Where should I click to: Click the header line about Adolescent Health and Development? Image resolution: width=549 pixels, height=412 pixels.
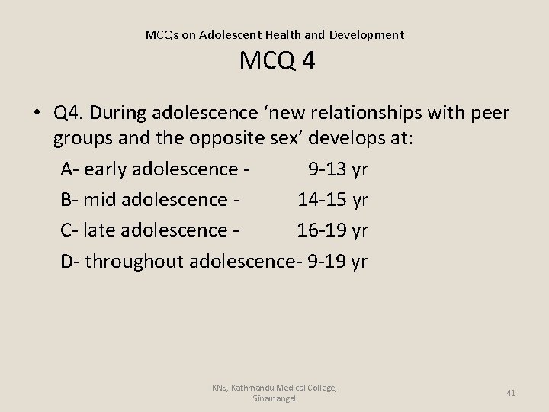pos(274,34)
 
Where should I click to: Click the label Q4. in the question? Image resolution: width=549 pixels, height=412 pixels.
pos(70,114)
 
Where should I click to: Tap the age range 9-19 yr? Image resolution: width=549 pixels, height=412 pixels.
pos(336,262)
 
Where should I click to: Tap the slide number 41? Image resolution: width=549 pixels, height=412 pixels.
pos(511,393)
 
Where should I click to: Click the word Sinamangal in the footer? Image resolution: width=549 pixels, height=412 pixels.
pos(275,398)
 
